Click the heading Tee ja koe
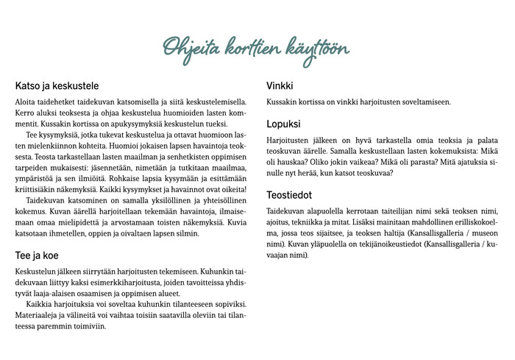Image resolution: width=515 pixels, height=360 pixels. pos(37,255)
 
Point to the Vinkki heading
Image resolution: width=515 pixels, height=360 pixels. pos(280,85)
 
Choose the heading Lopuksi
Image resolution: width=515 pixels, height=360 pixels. pos(284,124)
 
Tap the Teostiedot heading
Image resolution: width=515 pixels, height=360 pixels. pos(289,195)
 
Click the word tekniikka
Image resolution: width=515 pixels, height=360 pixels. pos(320,222)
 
